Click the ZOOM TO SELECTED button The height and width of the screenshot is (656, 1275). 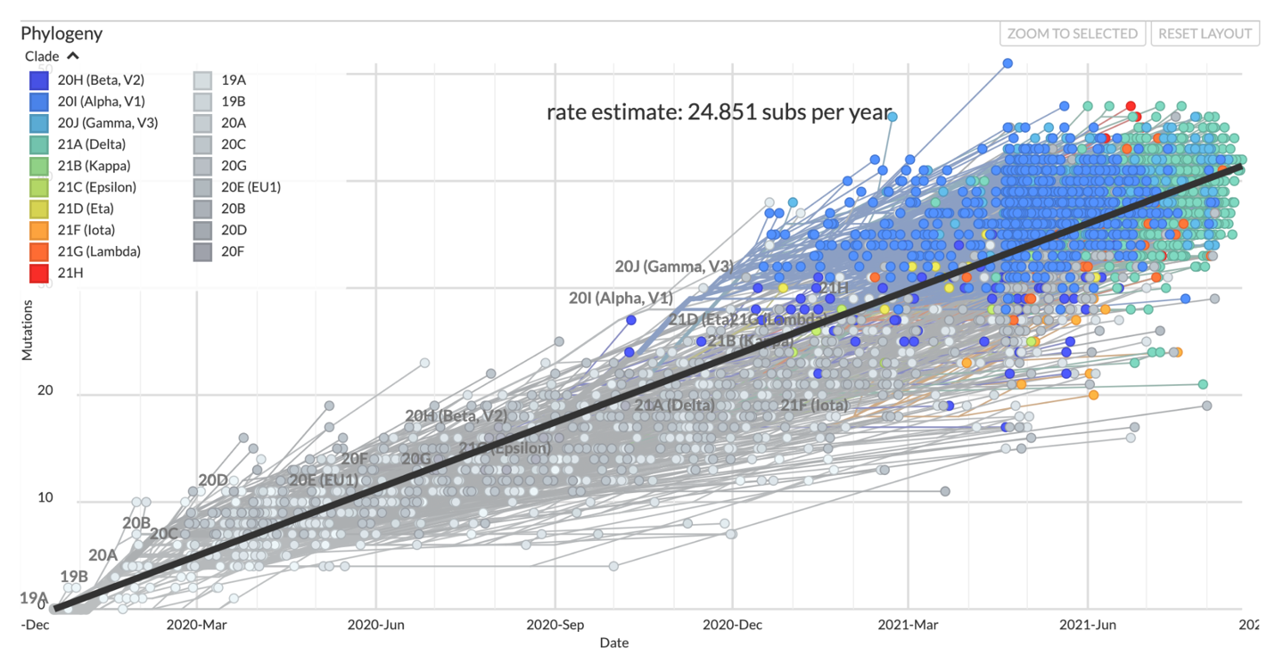click(x=1073, y=34)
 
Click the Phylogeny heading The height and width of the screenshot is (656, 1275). click(x=62, y=34)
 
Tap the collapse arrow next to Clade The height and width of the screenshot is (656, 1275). click(x=73, y=56)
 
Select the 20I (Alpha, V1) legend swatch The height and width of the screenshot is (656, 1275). click(x=39, y=102)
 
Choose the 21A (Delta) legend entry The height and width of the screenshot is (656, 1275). click(x=91, y=144)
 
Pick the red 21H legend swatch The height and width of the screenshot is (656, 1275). click(x=39, y=273)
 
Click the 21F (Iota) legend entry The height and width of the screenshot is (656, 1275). click(x=86, y=230)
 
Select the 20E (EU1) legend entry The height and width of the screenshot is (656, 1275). click(x=251, y=187)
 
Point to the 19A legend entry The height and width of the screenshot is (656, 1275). click(x=233, y=80)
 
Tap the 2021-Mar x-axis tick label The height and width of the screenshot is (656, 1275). click(x=909, y=625)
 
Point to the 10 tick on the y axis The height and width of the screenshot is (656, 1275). click(x=45, y=497)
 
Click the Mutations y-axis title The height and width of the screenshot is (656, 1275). click(x=27, y=330)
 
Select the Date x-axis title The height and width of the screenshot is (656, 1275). click(x=613, y=643)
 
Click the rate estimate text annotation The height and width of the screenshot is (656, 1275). click(x=718, y=113)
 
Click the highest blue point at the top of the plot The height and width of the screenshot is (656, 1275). click(x=1008, y=63)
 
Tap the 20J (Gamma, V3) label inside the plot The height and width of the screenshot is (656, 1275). click(x=673, y=266)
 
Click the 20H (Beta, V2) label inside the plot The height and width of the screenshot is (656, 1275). click(x=456, y=415)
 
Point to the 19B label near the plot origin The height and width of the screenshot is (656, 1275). click(x=74, y=576)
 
